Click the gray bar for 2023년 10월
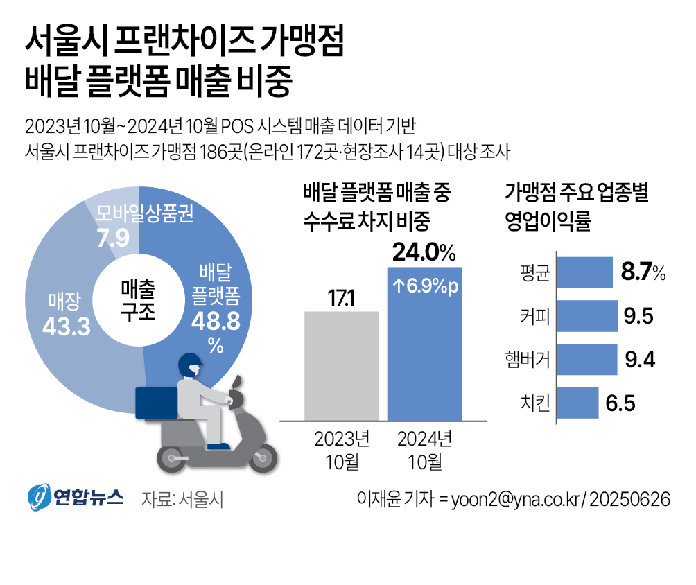(x=342, y=365)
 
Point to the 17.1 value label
(x=341, y=299)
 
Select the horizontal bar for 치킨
(x=577, y=403)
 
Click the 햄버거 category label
(x=528, y=360)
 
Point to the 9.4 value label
(x=640, y=360)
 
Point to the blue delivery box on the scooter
(x=157, y=401)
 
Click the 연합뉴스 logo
(x=76, y=498)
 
